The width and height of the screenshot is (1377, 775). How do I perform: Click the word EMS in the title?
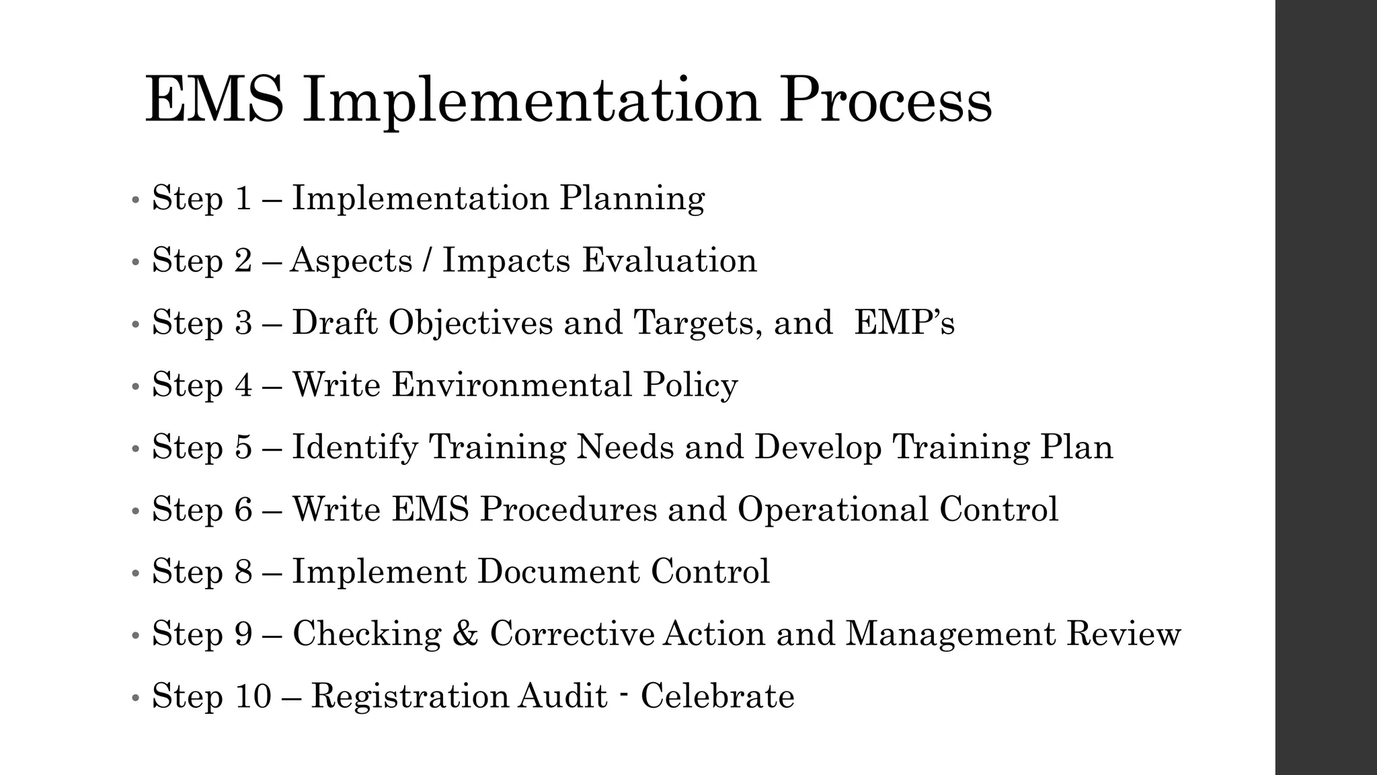click(x=214, y=101)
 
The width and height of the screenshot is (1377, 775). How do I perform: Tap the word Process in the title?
click(x=885, y=101)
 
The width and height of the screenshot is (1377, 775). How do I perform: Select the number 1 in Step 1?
click(x=242, y=198)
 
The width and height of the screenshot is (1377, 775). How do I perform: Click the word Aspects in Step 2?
click(x=351, y=261)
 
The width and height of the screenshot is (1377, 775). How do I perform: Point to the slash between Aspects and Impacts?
click(x=427, y=261)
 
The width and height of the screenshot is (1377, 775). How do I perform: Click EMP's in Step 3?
click(x=904, y=323)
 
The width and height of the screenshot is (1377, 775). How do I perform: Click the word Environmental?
click(x=512, y=385)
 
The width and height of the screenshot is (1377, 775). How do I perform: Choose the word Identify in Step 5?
click(x=354, y=447)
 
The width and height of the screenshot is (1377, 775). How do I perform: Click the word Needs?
click(x=625, y=447)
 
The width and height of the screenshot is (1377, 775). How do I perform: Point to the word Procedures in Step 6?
click(x=568, y=509)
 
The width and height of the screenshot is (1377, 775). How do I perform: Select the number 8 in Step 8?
click(x=243, y=572)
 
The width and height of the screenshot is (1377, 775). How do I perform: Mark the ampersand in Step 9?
click(x=465, y=634)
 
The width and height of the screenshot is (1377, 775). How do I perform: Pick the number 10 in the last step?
click(x=253, y=696)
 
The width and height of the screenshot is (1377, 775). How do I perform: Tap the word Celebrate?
click(x=717, y=696)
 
